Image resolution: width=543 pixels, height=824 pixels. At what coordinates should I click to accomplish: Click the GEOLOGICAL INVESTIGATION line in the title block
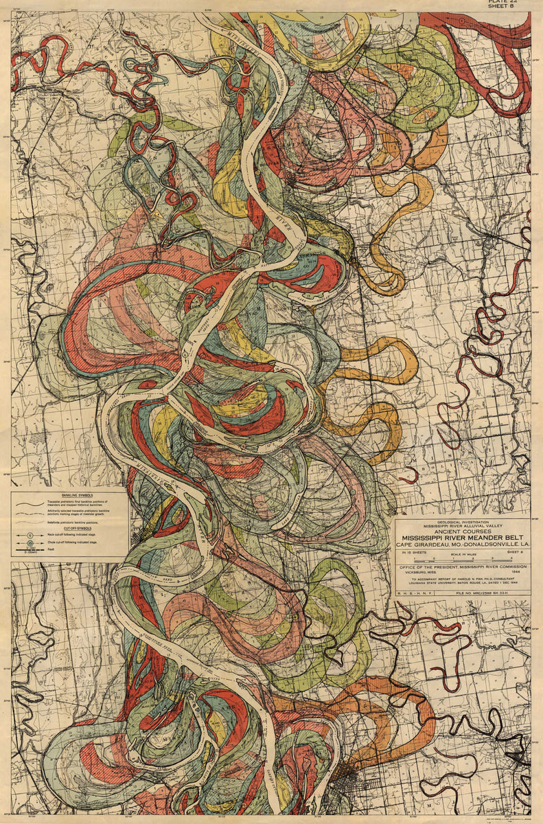tap(461, 520)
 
